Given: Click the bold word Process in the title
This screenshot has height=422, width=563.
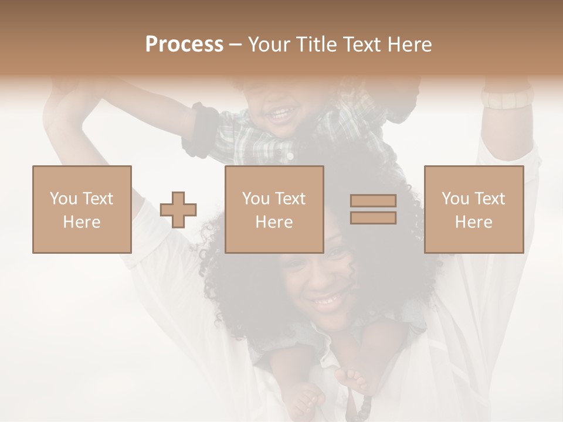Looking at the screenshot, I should [x=184, y=45].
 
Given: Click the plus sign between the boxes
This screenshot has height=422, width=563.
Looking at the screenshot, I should [x=178, y=210].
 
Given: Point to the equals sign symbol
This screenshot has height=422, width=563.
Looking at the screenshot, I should [x=373, y=209].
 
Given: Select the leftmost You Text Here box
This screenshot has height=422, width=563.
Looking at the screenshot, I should [x=82, y=210].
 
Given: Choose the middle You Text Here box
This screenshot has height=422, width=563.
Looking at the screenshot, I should [x=274, y=210].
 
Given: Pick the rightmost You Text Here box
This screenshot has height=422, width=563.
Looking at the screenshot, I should [x=474, y=210].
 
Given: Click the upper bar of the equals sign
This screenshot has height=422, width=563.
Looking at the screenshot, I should [x=373, y=201].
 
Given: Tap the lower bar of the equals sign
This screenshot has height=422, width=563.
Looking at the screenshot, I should [x=373, y=217].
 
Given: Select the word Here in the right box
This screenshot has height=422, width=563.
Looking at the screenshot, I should [x=474, y=222].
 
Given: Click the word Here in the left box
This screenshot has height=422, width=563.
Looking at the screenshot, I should [x=82, y=222].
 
